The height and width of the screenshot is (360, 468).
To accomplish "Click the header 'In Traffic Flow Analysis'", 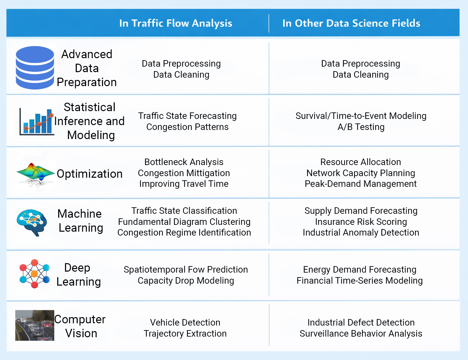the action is tap(175, 23).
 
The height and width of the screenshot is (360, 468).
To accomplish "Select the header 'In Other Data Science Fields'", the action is tap(351, 23).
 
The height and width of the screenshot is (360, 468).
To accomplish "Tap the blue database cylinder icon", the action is tap(35, 68).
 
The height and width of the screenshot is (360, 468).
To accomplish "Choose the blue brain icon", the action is tap(32, 223).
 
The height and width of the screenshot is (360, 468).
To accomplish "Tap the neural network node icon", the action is tap(34, 274).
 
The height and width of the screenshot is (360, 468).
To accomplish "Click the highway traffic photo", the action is tap(35, 325).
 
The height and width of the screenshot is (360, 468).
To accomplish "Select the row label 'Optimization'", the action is tap(90, 174).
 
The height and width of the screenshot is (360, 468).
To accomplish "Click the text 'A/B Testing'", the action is tap(361, 127).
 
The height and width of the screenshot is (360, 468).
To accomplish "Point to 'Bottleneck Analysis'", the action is tap(184, 162).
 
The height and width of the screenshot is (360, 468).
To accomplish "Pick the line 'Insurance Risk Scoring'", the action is tap(361, 222).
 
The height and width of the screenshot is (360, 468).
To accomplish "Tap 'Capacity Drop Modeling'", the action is tap(186, 281).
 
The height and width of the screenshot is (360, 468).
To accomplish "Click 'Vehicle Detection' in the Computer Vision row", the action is tap(185, 323).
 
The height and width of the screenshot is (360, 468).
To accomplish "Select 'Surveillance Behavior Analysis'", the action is tap(361, 333).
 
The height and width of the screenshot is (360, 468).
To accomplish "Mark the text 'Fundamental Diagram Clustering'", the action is tap(184, 222).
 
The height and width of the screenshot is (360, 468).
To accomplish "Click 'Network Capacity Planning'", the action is tap(361, 173).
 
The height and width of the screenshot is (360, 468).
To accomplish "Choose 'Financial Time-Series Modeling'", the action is tap(360, 281).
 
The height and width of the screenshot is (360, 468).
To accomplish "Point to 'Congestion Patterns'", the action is tap(188, 127).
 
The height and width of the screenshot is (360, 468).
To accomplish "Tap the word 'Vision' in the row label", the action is tap(81, 333).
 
